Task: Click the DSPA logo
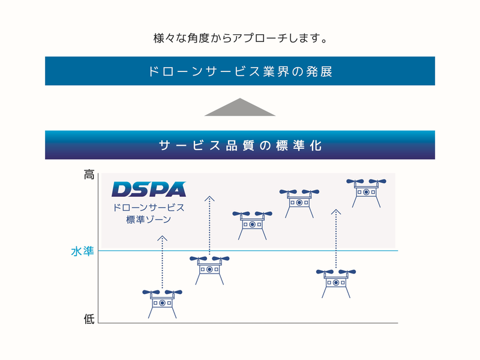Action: (x=149, y=190)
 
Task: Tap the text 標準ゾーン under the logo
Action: (x=149, y=220)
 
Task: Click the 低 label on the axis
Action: (x=89, y=319)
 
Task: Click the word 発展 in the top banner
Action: (x=319, y=71)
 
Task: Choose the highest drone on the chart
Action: (x=365, y=191)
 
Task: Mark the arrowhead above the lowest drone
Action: (x=162, y=238)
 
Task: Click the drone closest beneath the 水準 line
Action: (x=209, y=268)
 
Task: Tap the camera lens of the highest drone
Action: (x=365, y=193)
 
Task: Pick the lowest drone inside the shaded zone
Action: (x=252, y=223)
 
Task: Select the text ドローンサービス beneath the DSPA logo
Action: (x=149, y=208)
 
